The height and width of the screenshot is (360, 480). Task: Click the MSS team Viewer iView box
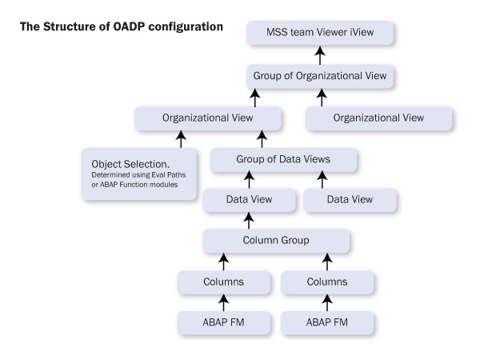(x=320, y=33)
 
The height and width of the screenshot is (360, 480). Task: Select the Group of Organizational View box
(x=320, y=76)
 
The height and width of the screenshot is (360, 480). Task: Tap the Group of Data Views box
(x=283, y=159)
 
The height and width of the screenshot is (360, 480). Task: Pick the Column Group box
(x=276, y=241)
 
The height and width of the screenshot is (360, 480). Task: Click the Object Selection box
(x=138, y=174)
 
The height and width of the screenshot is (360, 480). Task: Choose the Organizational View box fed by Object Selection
(x=207, y=118)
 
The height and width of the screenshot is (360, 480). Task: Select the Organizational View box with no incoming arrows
(x=378, y=118)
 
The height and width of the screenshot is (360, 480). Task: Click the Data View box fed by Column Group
(x=249, y=200)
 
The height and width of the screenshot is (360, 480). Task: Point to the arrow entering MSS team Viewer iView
(x=320, y=55)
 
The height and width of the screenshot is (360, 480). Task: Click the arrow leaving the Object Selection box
(x=181, y=139)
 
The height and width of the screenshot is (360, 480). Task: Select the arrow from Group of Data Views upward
(x=262, y=139)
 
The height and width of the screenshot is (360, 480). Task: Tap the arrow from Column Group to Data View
(x=249, y=221)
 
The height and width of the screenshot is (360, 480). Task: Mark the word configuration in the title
(x=186, y=27)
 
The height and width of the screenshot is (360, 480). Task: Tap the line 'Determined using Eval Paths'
(x=138, y=174)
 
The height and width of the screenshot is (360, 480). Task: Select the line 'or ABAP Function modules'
(x=134, y=185)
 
